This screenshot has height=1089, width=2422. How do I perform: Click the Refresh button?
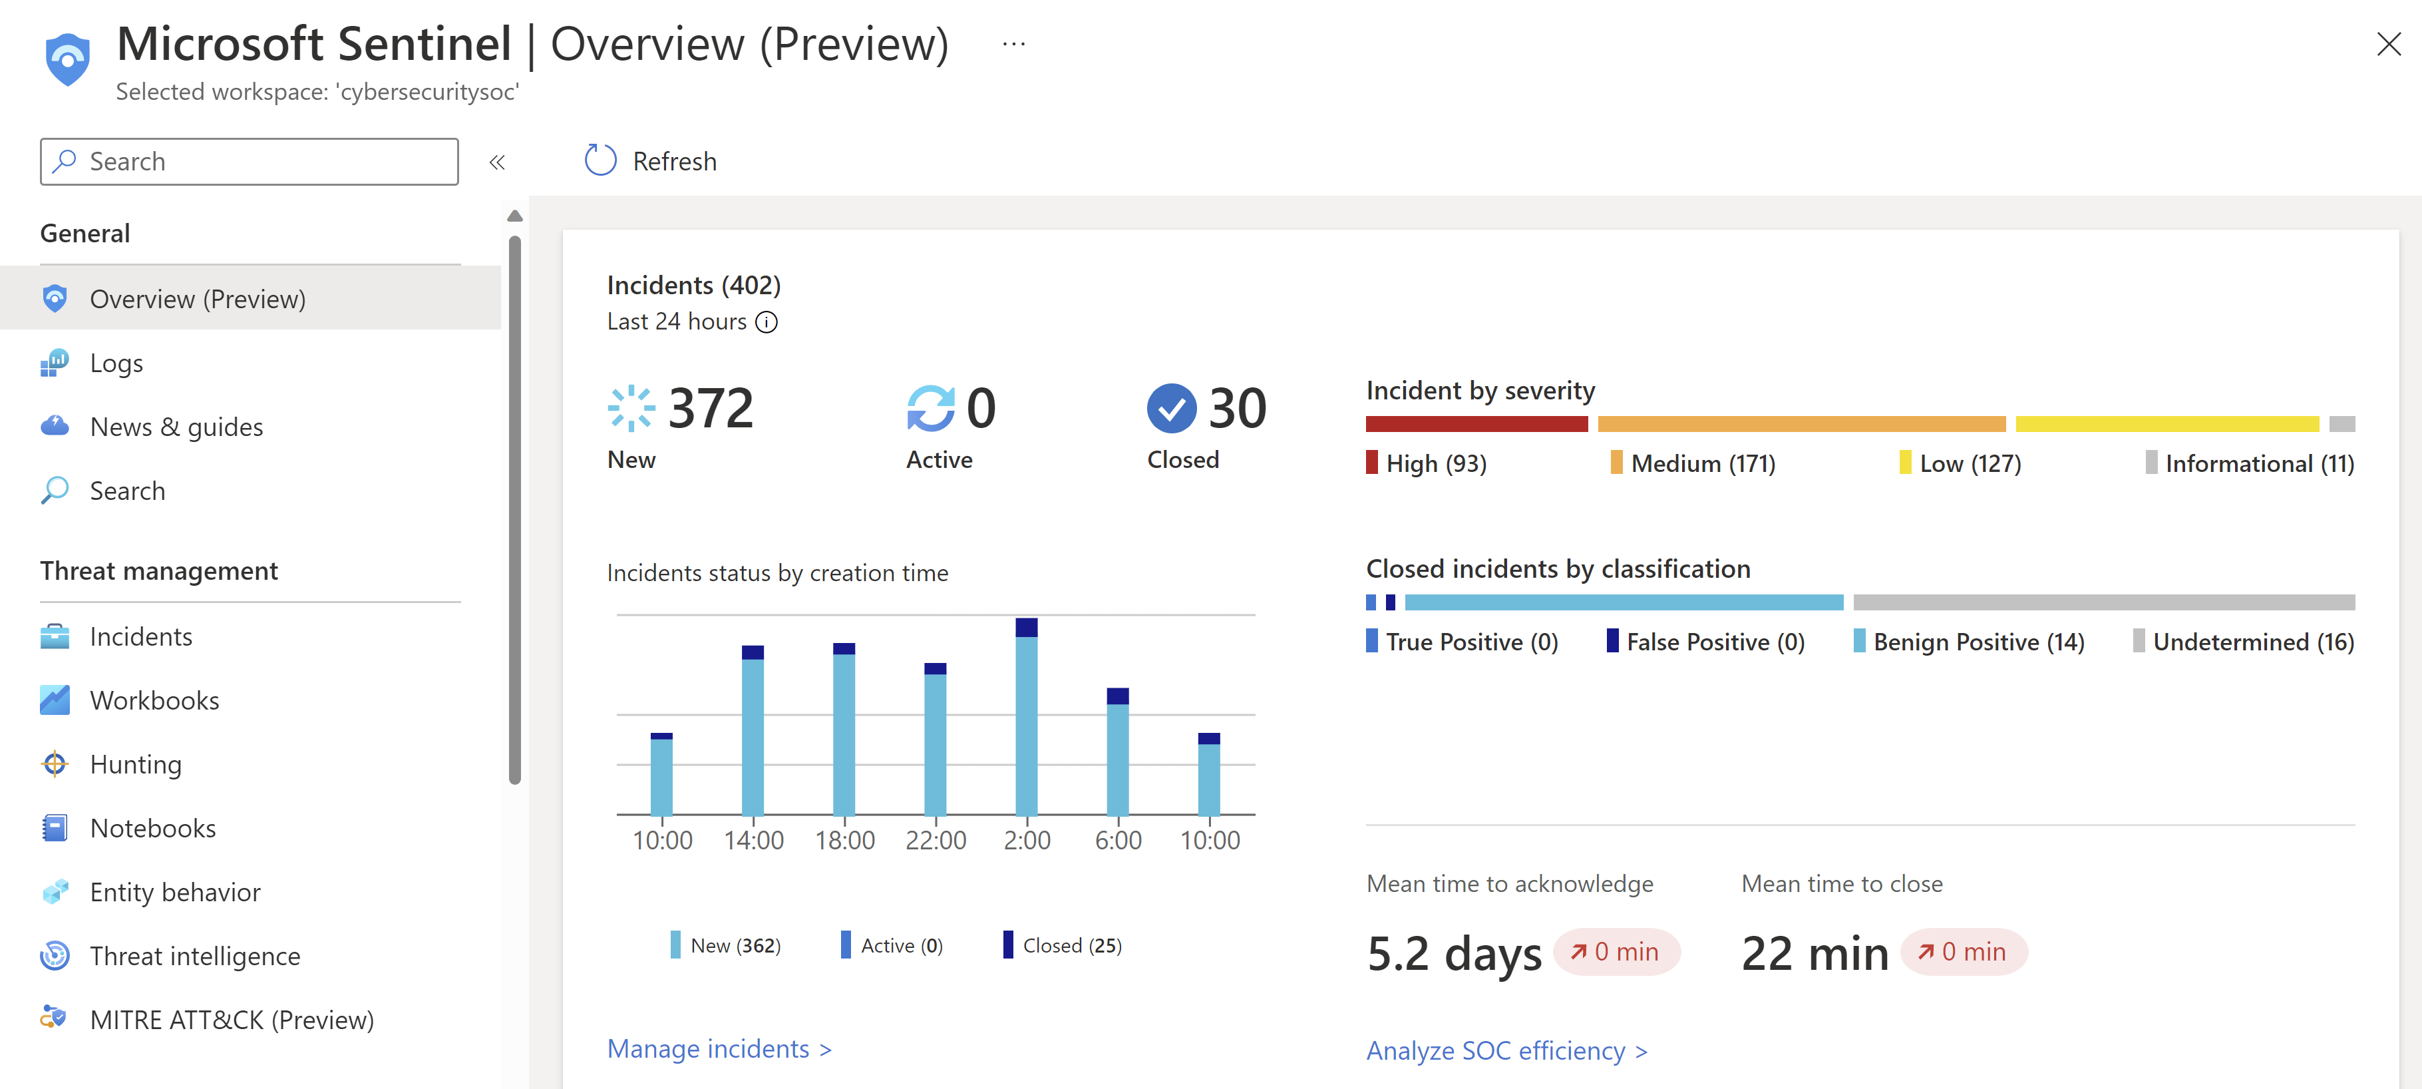pos(651,161)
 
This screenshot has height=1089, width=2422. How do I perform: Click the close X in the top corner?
pos(2388,44)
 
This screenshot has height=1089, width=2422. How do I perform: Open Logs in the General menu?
pos(116,363)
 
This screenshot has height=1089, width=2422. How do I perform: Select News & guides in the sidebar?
pos(176,427)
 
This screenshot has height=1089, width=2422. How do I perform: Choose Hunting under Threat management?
pos(135,765)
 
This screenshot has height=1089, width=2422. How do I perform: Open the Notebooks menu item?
pos(152,829)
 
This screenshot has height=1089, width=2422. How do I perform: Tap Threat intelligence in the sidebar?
pos(194,957)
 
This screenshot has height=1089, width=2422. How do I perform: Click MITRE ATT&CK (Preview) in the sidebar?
pos(232,1020)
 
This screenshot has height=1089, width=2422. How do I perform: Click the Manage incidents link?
pos(719,1048)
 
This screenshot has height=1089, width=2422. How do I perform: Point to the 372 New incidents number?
pos(710,408)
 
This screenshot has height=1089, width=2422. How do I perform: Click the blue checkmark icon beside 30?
pos(1170,408)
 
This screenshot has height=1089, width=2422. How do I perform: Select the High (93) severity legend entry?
pos(1427,464)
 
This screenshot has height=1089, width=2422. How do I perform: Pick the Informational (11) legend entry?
pos(2250,464)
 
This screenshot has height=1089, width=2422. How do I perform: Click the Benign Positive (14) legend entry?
pos(1969,642)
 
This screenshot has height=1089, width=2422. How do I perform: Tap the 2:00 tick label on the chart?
pos(1027,840)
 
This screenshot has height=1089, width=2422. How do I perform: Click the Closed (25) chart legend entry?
pos(1063,945)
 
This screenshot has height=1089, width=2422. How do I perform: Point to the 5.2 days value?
pos(1454,954)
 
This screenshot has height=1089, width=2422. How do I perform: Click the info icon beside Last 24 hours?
pos(767,323)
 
